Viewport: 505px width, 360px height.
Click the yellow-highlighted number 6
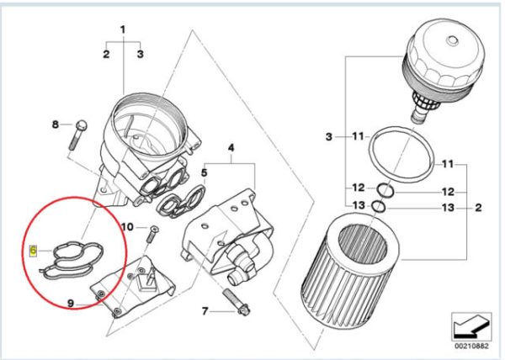[x=34, y=251]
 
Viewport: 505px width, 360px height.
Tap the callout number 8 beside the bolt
[x=56, y=124]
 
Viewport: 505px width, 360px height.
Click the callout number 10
[x=127, y=227]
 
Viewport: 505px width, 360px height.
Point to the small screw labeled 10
[x=151, y=234]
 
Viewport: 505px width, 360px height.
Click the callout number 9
[x=71, y=303]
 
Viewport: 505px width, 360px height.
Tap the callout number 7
[x=205, y=311]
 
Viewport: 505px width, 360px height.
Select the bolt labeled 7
[x=236, y=301]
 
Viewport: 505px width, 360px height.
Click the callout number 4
[x=231, y=148]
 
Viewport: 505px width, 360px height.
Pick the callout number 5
[x=205, y=172]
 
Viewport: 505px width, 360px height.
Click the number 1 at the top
[x=123, y=30]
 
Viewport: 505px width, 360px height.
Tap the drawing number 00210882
[x=471, y=347]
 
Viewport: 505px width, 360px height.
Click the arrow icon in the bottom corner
[x=471, y=327]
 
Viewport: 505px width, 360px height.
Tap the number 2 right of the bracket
[x=478, y=208]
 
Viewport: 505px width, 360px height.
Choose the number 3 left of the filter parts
[x=328, y=137]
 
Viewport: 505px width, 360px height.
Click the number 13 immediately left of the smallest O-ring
[x=359, y=205]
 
